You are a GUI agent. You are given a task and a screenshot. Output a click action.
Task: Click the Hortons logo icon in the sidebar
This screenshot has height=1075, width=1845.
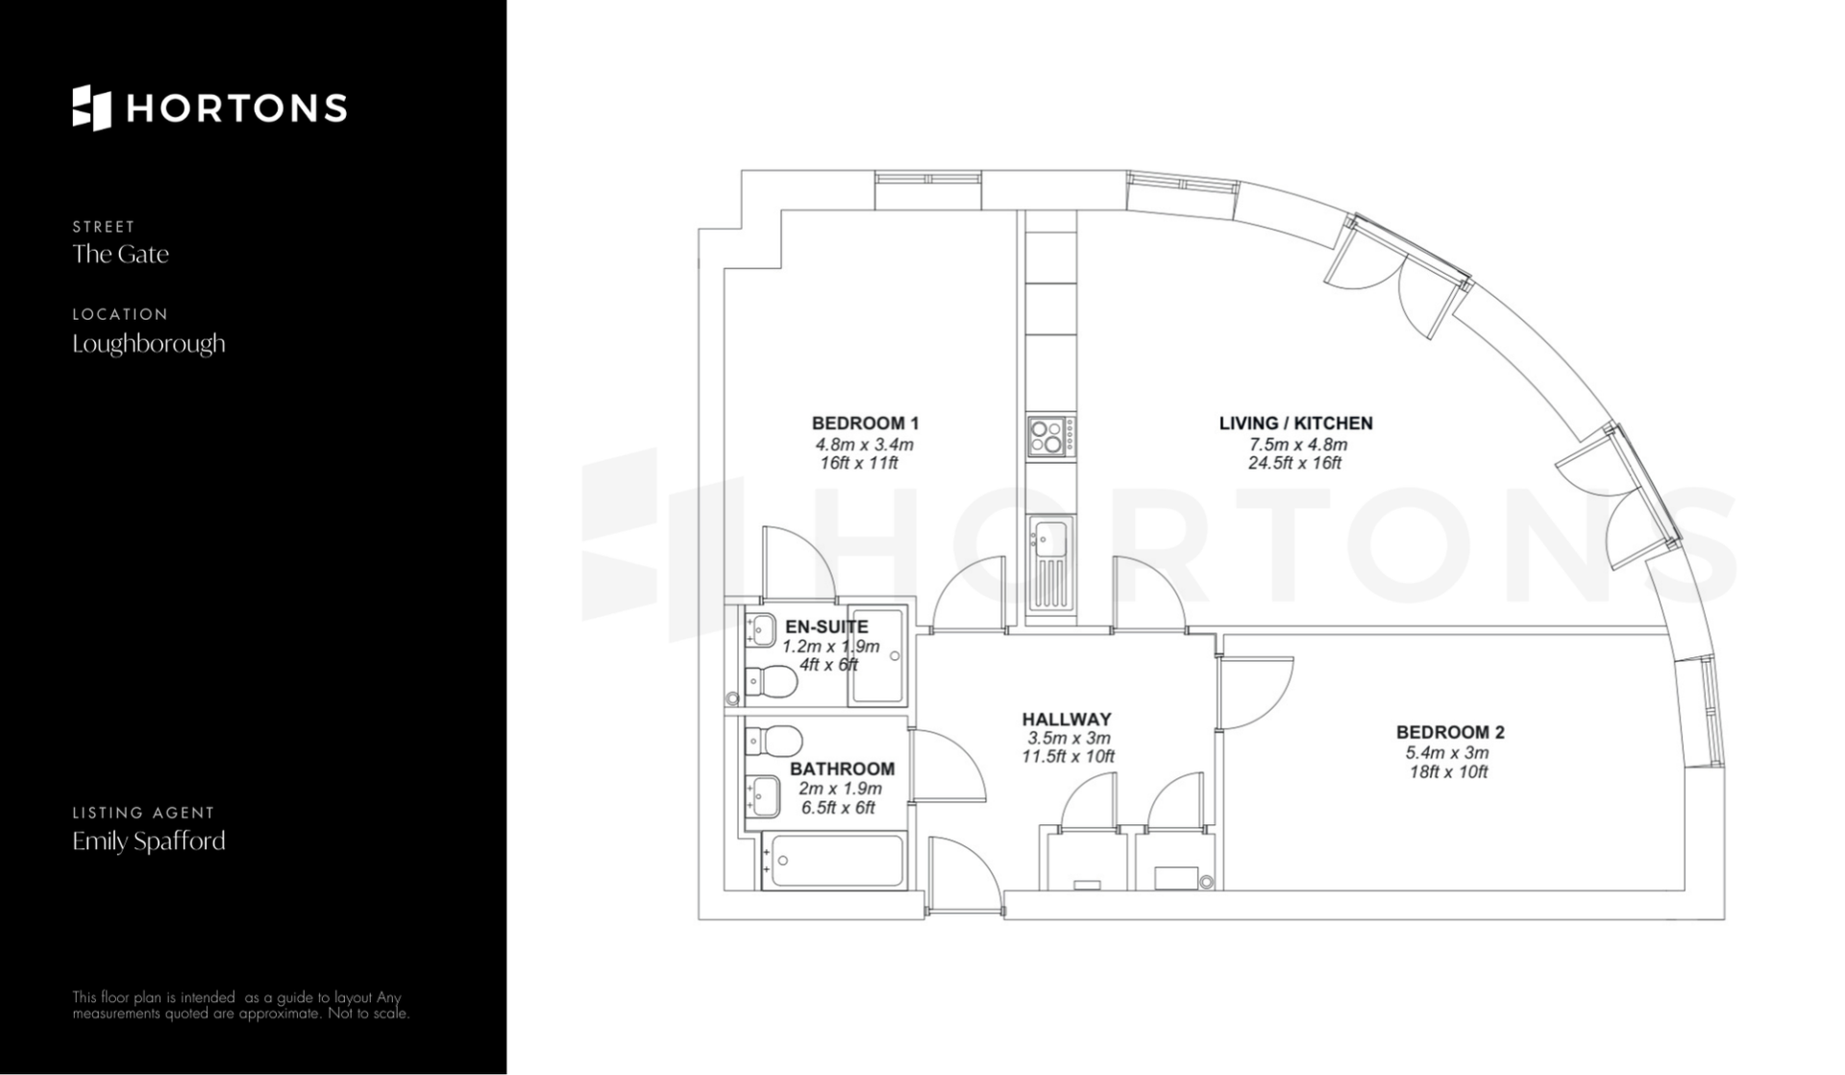(92, 108)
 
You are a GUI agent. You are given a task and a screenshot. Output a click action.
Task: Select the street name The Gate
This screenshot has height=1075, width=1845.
(120, 254)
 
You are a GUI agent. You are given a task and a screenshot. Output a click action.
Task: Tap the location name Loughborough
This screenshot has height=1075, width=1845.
(149, 344)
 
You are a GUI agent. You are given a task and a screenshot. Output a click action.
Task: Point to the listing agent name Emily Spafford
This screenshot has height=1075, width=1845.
(149, 842)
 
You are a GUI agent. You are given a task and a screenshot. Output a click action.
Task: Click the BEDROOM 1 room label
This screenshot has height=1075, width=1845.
(865, 423)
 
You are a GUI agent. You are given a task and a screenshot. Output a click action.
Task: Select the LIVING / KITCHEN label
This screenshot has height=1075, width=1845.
(1295, 423)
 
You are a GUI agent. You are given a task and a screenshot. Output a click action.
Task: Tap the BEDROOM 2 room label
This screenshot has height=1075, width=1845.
(1450, 732)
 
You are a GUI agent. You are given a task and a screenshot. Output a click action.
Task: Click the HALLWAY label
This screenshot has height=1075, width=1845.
(1067, 719)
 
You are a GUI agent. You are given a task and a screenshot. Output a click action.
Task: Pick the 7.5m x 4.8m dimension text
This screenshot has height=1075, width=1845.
(1297, 445)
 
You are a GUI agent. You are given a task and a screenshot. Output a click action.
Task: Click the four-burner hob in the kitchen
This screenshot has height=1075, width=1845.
(1050, 435)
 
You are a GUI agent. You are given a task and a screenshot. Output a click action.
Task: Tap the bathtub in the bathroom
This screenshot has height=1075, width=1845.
(833, 860)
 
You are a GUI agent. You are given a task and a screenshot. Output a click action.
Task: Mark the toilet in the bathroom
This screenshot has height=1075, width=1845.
(774, 741)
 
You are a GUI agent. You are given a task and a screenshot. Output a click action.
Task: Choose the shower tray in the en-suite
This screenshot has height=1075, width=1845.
(877, 654)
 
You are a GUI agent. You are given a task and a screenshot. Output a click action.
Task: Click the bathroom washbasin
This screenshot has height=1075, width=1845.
(764, 796)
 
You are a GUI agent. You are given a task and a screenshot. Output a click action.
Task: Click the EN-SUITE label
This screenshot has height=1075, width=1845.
(826, 627)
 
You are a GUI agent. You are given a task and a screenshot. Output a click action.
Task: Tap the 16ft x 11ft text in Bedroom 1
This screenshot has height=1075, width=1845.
(859, 463)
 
